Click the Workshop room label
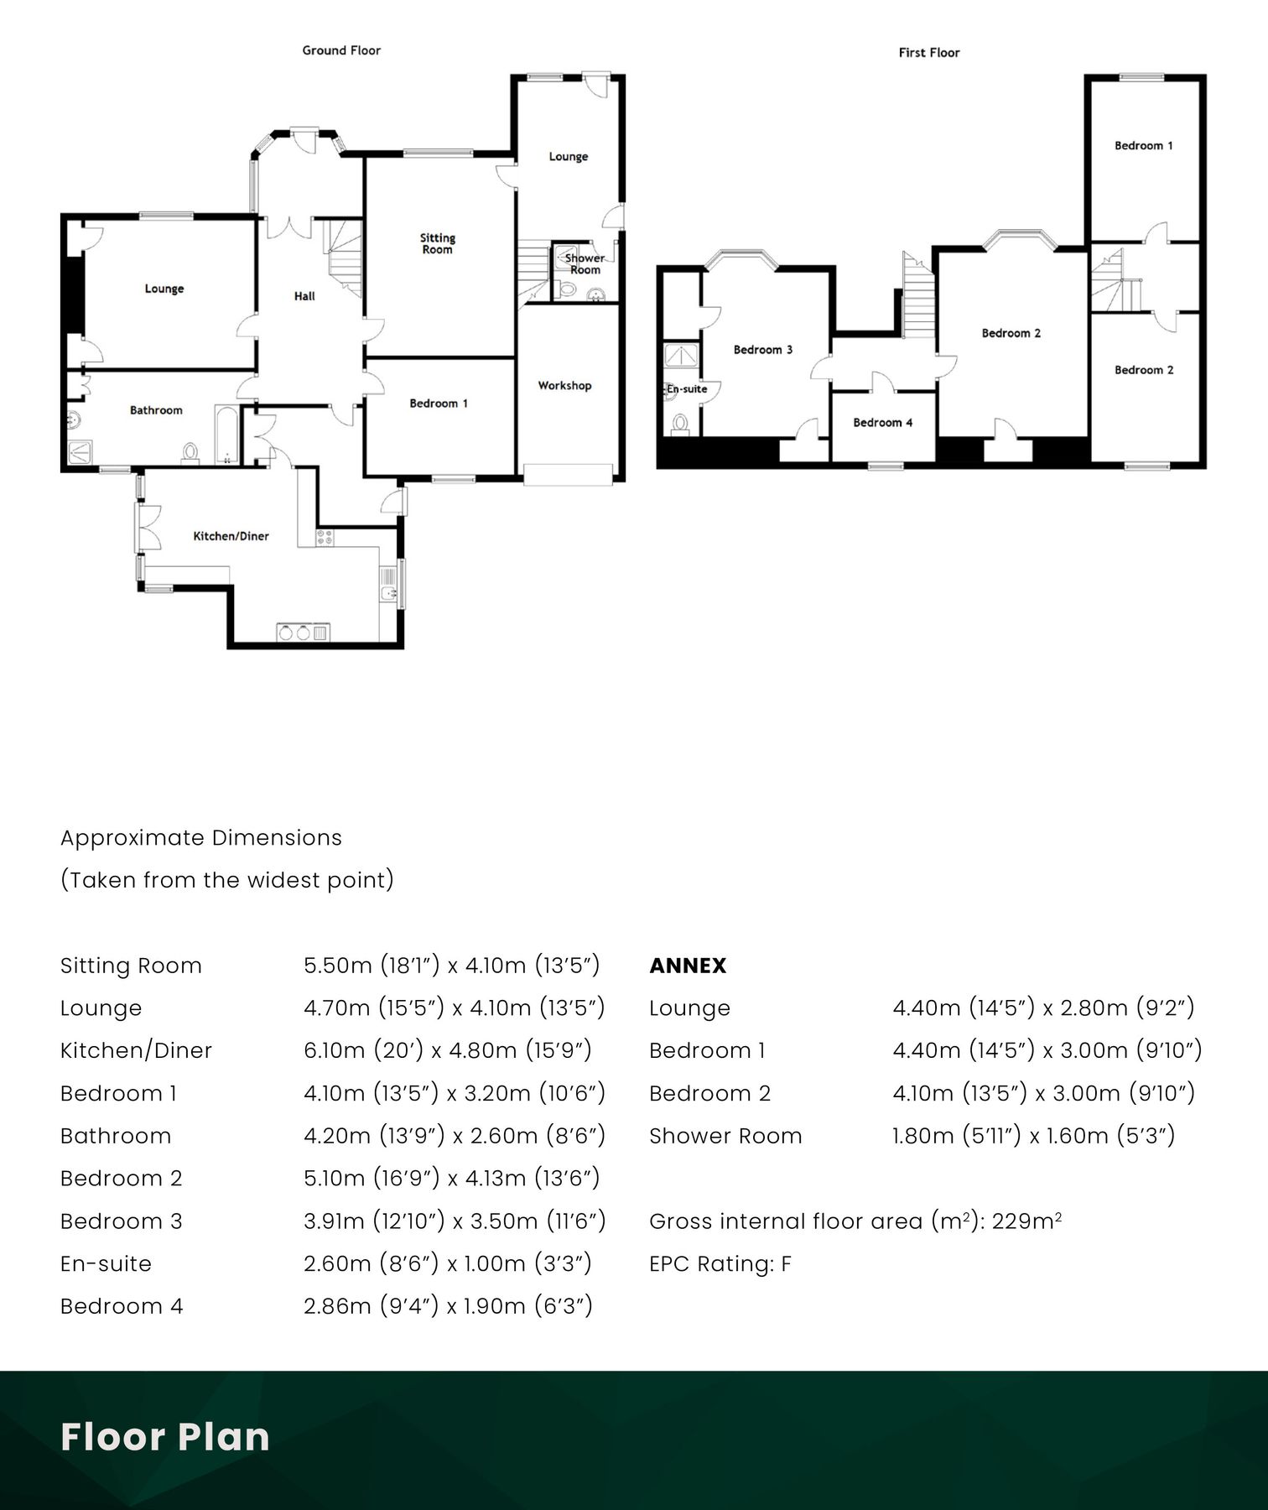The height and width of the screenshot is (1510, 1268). [564, 386]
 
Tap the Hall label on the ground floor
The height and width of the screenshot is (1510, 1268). [304, 296]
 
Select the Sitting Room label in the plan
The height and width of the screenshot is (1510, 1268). [437, 243]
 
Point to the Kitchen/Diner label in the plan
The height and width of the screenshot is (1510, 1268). [231, 536]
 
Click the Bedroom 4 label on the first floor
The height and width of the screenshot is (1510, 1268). [882, 423]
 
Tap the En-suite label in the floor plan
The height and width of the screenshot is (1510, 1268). [687, 389]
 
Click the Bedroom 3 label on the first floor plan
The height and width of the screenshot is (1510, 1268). [762, 350]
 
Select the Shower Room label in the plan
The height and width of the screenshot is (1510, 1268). [585, 263]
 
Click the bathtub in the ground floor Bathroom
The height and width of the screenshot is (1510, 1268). [227, 435]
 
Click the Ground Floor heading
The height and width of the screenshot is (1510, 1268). [341, 50]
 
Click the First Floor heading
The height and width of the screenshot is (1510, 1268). [928, 53]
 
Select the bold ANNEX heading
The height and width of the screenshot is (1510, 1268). [688, 966]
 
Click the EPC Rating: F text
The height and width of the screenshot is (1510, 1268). [720, 1263]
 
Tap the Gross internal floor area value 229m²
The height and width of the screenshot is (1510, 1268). [1026, 1221]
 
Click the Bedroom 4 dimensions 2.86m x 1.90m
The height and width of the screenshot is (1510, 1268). [448, 1306]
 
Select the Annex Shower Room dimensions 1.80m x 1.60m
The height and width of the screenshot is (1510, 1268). [1033, 1136]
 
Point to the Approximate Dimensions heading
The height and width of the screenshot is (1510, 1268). [201, 838]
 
